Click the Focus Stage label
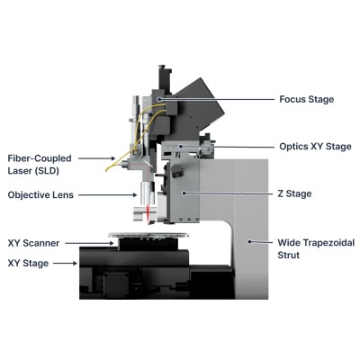(306, 99)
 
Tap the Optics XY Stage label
(315, 147)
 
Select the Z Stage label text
(294, 193)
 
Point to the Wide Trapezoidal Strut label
(316, 248)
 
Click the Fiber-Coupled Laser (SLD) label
(40, 165)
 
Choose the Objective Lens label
(40, 195)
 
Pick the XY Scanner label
(33, 243)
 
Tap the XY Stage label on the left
(28, 264)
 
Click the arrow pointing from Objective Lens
(108, 195)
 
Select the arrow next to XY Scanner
(89, 243)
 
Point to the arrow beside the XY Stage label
(65, 264)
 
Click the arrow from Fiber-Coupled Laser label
(97, 158)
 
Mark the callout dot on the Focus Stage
(160, 99)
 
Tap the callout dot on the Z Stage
(184, 193)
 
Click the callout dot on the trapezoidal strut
(249, 241)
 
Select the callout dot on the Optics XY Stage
(181, 147)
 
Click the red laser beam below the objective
(148, 214)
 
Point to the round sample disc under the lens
(148, 235)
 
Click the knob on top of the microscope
(162, 67)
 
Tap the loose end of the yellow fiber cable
(106, 171)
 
